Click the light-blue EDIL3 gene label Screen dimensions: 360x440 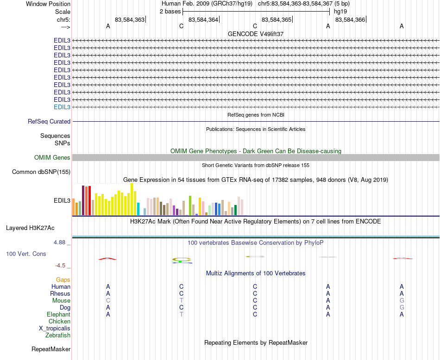tap(62, 107)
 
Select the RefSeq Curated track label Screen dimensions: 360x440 tap(49, 122)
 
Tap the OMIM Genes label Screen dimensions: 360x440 tap(52, 158)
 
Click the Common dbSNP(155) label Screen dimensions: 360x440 tap(41, 172)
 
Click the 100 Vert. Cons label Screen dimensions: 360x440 tap(26, 254)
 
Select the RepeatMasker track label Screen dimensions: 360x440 tap(51, 349)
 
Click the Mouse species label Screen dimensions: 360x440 tap(61, 301)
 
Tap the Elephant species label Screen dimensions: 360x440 tap(58, 315)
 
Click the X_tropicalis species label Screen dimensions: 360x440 tap(55, 329)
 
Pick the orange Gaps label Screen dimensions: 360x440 tap(63, 280)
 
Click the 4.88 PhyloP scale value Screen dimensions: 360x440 tap(61, 242)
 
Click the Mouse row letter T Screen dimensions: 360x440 tap(182, 301)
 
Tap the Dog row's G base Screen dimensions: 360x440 tap(402, 308)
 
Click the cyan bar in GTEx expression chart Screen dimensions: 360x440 tap(138, 209)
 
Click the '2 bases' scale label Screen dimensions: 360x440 tap(170, 11)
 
